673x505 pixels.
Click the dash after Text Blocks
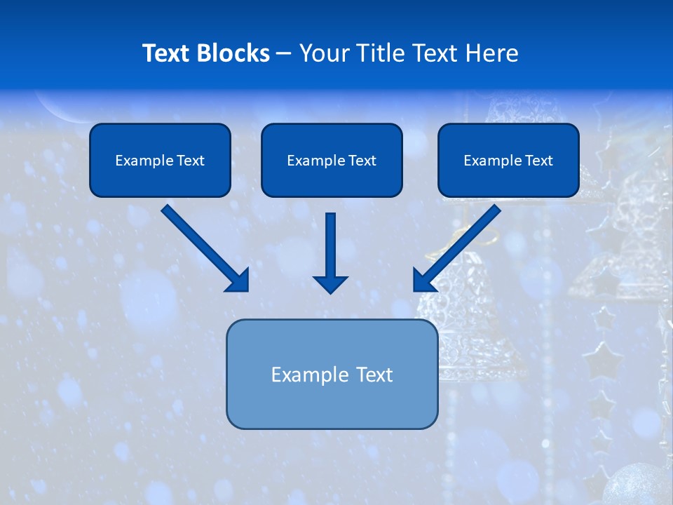click(x=284, y=54)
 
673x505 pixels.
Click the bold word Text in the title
click(x=168, y=53)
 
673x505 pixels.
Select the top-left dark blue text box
click(x=160, y=160)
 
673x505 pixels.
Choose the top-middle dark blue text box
click(x=332, y=160)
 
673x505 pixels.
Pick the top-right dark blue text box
click(x=508, y=160)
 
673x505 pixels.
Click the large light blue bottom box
click(x=332, y=374)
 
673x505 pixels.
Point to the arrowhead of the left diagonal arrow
click(x=238, y=281)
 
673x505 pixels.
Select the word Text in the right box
click(x=538, y=161)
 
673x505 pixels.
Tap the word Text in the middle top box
click(x=362, y=161)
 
